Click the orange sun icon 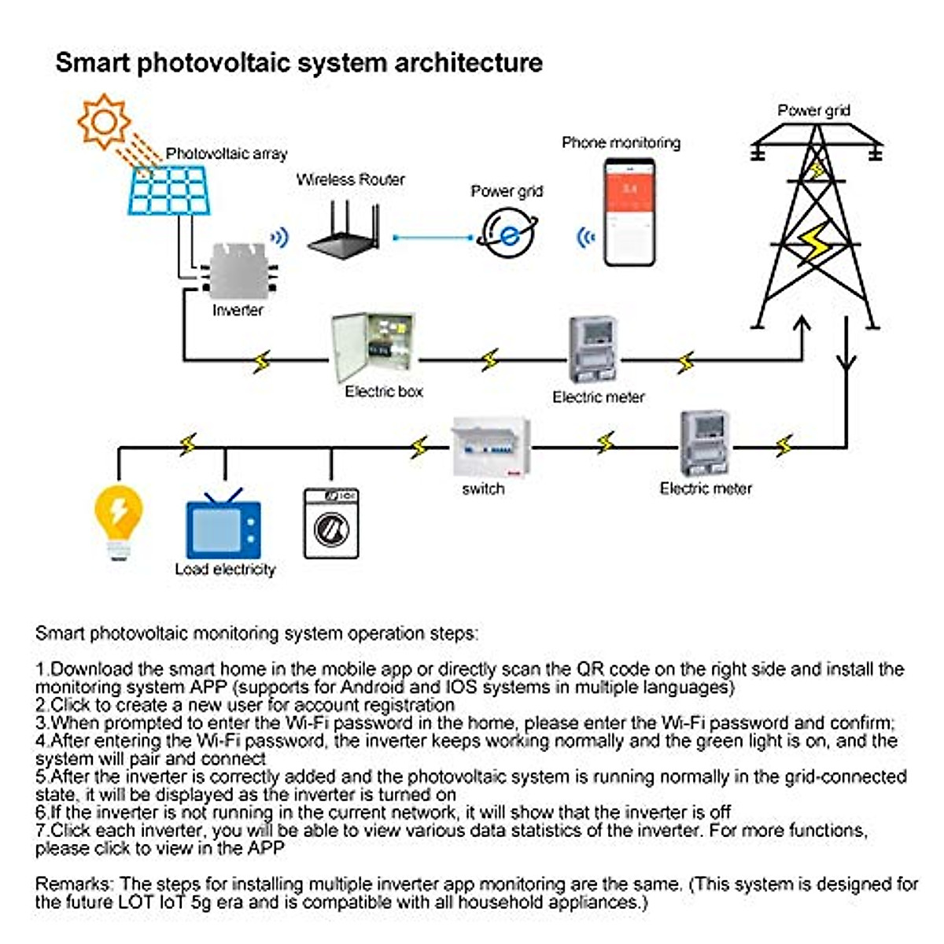(x=104, y=120)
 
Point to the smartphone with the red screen (x=629, y=212)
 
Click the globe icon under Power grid (x=508, y=234)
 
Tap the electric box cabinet (x=372, y=348)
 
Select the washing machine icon (x=331, y=523)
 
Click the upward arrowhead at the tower (x=802, y=325)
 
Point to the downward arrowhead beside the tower (x=846, y=363)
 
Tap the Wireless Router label (x=351, y=179)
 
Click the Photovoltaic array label (x=227, y=153)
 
